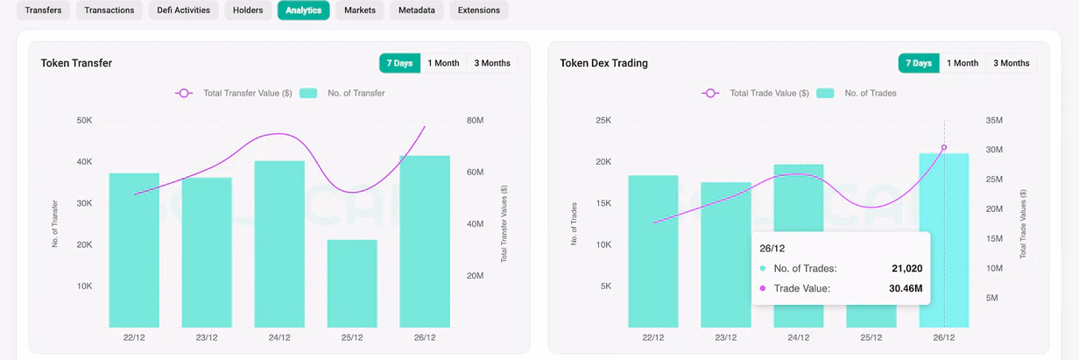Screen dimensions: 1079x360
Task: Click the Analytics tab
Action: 303,11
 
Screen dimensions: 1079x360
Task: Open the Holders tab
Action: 248,11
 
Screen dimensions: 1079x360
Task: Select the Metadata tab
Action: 417,11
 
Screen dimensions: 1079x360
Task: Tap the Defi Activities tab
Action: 184,11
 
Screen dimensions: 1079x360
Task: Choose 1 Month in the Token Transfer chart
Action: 443,63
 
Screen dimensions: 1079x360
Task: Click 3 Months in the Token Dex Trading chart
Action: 1011,63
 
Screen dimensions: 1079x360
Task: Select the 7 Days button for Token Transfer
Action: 399,63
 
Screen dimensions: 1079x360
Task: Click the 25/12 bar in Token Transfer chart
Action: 352,284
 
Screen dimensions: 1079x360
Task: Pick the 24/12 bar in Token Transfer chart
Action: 279,244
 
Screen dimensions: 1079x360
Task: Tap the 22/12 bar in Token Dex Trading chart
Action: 653,251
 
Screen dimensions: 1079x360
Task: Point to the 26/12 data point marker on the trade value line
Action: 944,147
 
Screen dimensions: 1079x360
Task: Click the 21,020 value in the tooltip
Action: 907,268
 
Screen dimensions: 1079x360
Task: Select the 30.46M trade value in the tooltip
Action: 906,288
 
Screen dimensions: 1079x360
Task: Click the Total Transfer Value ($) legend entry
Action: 234,93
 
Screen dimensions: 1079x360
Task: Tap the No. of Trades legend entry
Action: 857,93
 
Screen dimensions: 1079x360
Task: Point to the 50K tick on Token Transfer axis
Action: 84,120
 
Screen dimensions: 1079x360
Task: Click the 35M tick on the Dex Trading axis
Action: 994,120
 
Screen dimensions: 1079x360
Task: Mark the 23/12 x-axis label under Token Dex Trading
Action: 726,337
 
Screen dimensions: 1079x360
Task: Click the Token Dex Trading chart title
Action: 603,63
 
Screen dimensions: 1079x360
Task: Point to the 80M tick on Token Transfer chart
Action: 475,120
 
